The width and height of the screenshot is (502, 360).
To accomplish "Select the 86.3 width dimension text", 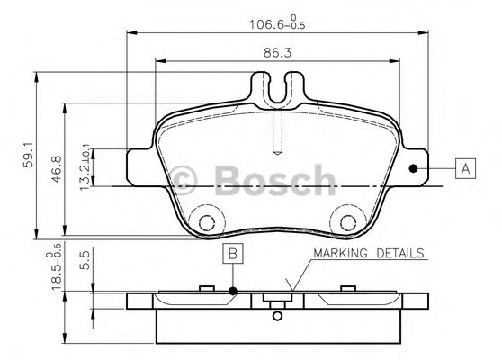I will tap(276, 53).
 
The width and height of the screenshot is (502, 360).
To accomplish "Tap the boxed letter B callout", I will tap(232, 256).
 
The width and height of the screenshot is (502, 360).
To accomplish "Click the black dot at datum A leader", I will tap(414, 167).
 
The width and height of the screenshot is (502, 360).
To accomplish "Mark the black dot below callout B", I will tap(232, 291).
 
